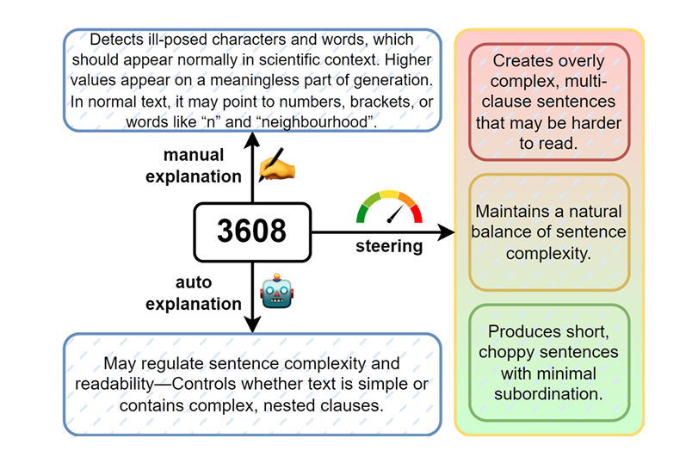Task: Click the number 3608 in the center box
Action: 251,231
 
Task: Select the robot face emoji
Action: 277,293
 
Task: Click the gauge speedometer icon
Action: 390,207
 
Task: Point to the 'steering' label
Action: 389,247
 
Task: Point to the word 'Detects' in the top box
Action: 116,40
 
